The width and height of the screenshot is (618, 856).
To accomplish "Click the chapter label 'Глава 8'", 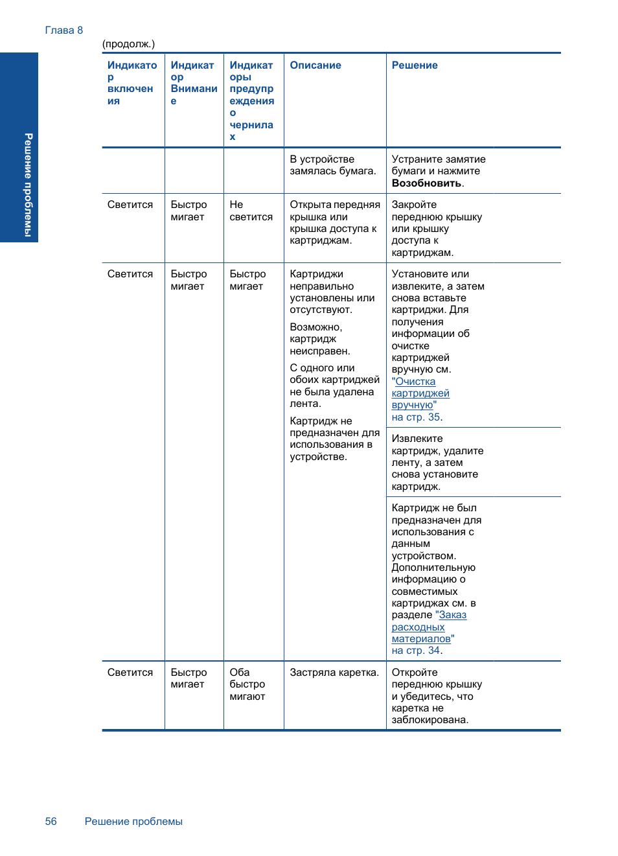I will click(x=63, y=30).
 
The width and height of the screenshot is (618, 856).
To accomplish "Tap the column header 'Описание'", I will click(x=315, y=65).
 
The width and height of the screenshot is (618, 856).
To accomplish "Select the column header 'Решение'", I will click(x=414, y=65).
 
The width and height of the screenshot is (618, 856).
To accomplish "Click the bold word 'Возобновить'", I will click(x=426, y=183).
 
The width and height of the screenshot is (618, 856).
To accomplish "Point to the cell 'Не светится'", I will click(x=251, y=211).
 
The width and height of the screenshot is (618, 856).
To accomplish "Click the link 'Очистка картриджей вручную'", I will click(x=420, y=393).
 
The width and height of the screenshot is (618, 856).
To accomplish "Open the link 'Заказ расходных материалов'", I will click(x=428, y=627).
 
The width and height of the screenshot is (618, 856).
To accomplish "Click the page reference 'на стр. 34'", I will click(x=415, y=651).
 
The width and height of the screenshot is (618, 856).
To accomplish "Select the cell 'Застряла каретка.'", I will click(x=334, y=673).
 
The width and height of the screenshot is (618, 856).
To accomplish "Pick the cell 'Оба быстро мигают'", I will click(x=247, y=684).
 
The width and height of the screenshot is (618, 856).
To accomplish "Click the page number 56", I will click(x=51, y=822).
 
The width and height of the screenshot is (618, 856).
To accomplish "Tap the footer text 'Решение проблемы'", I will click(x=133, y=822).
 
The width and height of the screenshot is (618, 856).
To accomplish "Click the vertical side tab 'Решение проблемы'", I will click(x=28, y=185).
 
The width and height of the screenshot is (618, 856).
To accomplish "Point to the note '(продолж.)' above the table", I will click(x=128, y=44).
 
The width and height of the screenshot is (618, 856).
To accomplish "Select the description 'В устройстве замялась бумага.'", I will click(x=332, y=165).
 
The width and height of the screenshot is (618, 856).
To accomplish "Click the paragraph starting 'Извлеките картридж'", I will click(x=437, y=463).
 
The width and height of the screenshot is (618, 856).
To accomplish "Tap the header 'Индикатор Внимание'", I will click(x=193, y=83).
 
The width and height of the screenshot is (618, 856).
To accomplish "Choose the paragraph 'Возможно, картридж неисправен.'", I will click(x=319, y=339).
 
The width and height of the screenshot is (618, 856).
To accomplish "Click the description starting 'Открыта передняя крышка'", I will click(x=334, y=222).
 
